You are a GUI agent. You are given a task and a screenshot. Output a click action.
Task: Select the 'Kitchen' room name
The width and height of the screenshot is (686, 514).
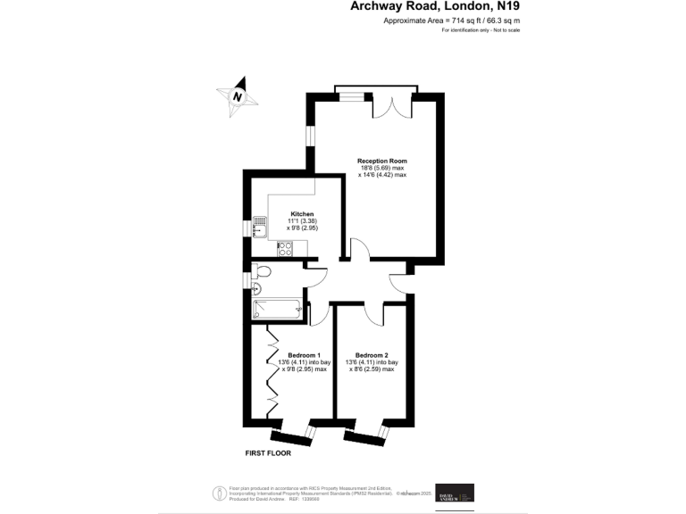pyautogui.click(x=302, y=214)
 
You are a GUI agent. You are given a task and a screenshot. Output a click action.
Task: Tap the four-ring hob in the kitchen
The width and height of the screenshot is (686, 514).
pyautogui.click(x=286, y=251)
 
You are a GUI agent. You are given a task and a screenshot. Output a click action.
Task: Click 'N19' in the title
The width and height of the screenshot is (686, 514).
pyautogui.click(x=507, y=7)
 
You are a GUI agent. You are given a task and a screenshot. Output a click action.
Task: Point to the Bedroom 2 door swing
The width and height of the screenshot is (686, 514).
pyautogui.click(x=374, y=314)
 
